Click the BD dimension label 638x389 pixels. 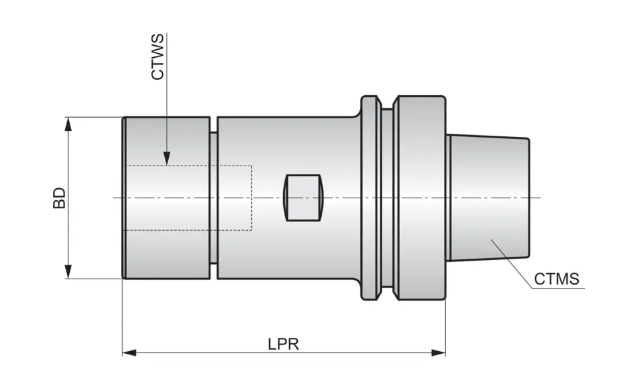[60, 197]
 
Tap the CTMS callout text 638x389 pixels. [556, 279]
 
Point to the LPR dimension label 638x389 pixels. [283, 344]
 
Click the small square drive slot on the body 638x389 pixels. [302, 197]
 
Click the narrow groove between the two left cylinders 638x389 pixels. [213, 197]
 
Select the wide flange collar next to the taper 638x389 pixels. [419, 197]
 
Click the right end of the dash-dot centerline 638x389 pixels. [540, 197]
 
